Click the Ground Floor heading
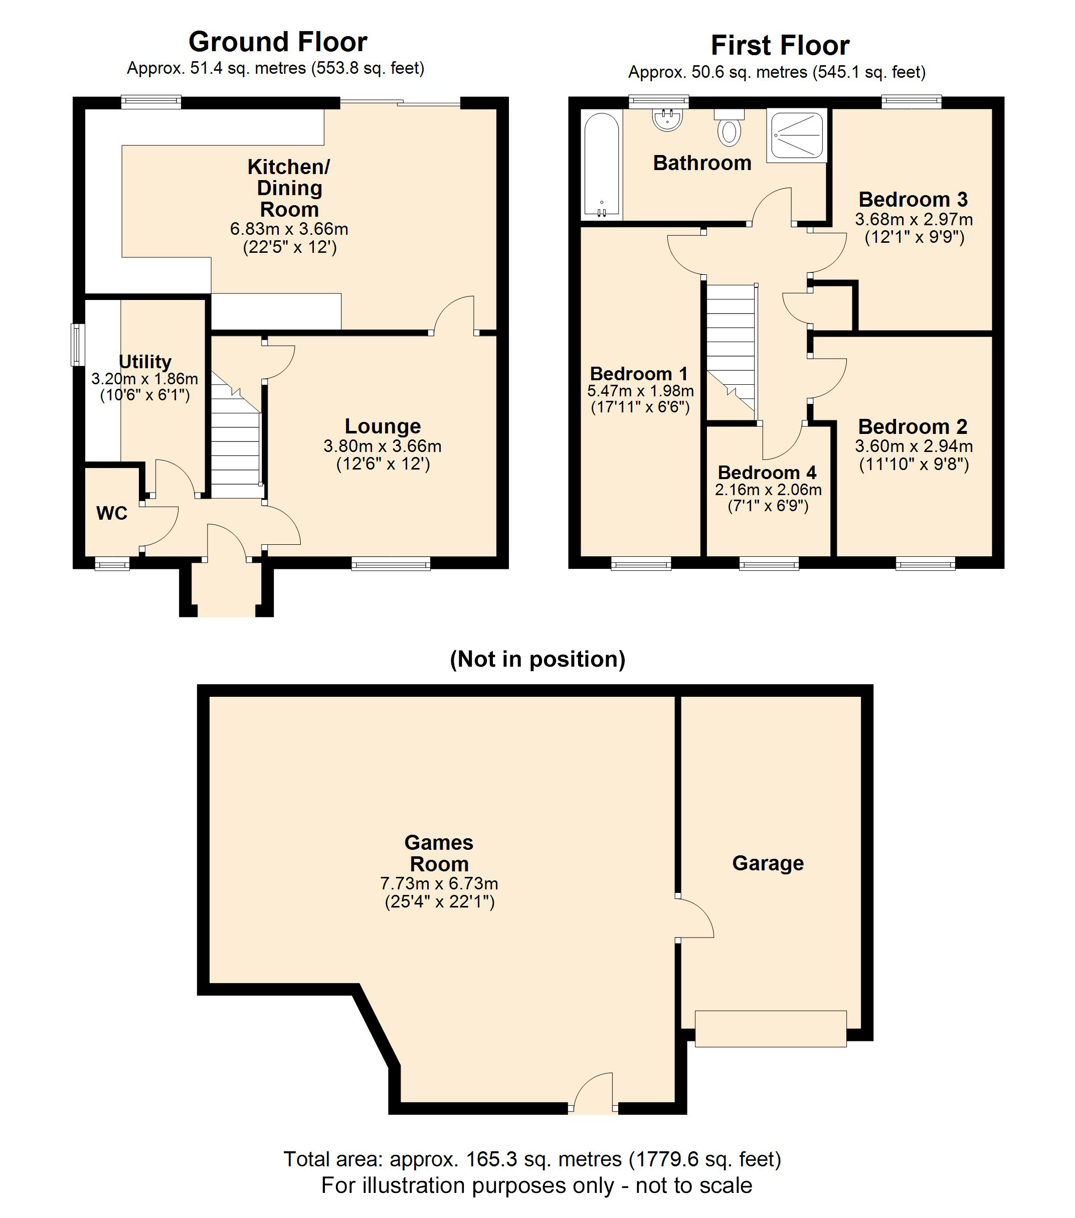[278, 42]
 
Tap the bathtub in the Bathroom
[602, 165]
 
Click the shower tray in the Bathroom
[797, 135]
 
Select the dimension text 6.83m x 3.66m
[289, 229]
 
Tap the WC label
[111, 513]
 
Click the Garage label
[768, 863]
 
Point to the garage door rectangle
[770, 1028]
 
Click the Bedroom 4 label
[767, 473]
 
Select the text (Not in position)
[537, 659]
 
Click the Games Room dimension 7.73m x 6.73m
[439, 884]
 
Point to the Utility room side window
[76, 345]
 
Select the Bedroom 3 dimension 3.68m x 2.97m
[914, 219]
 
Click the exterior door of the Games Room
[594, 1108]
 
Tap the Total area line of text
[532, 1159]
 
